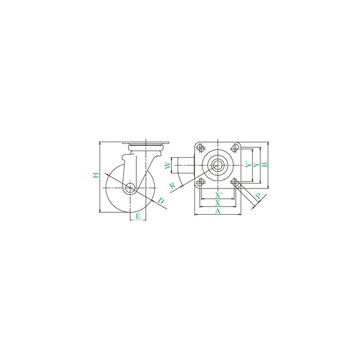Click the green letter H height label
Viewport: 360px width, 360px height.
[96, 175]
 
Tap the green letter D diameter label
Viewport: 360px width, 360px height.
[161, 200]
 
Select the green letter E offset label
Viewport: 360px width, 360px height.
[138, 216]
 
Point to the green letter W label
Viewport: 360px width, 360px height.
[168, 166]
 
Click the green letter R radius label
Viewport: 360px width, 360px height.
[173, 185]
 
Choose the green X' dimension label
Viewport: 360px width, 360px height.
[218, 195]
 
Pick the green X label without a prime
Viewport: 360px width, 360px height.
[218, 203]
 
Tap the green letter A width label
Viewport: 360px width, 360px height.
[218, 211]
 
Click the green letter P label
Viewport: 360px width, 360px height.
[259, 196]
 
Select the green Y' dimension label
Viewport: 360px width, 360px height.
[248, 164]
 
